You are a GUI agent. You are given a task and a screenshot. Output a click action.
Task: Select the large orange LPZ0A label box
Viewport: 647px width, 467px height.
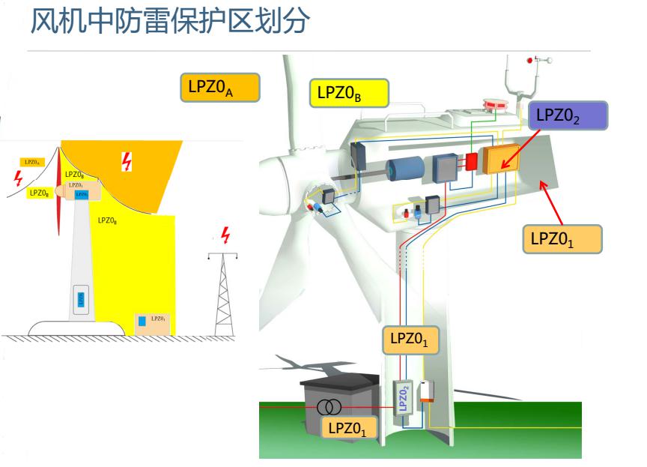click(219, 87)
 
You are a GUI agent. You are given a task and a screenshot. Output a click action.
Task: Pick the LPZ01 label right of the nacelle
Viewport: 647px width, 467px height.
click(562, 238)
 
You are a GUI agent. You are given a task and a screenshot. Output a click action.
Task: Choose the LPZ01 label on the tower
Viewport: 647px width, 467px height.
click(410, 339)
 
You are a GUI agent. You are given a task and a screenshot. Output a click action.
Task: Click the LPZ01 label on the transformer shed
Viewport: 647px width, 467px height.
click(347, 428)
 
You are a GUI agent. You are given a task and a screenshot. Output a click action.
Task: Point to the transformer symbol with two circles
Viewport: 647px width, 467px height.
click(329, 407)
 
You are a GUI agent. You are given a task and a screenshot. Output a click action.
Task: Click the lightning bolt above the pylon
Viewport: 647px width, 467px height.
click(225, 236)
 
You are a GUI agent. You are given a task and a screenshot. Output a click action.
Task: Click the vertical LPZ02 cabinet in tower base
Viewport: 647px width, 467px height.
click(403, 399)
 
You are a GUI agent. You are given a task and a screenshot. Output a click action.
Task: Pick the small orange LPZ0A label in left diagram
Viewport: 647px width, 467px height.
click(31, 161)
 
